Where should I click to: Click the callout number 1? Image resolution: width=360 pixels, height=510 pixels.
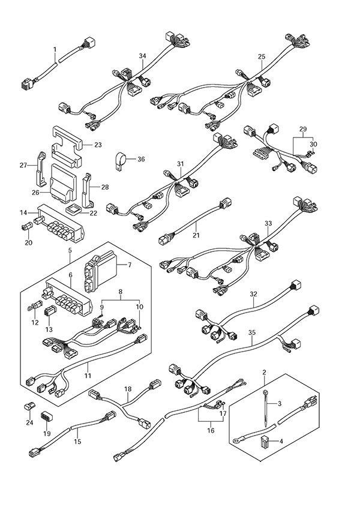click(55, 49)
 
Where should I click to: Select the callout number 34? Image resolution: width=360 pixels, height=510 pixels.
click(142, 56)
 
